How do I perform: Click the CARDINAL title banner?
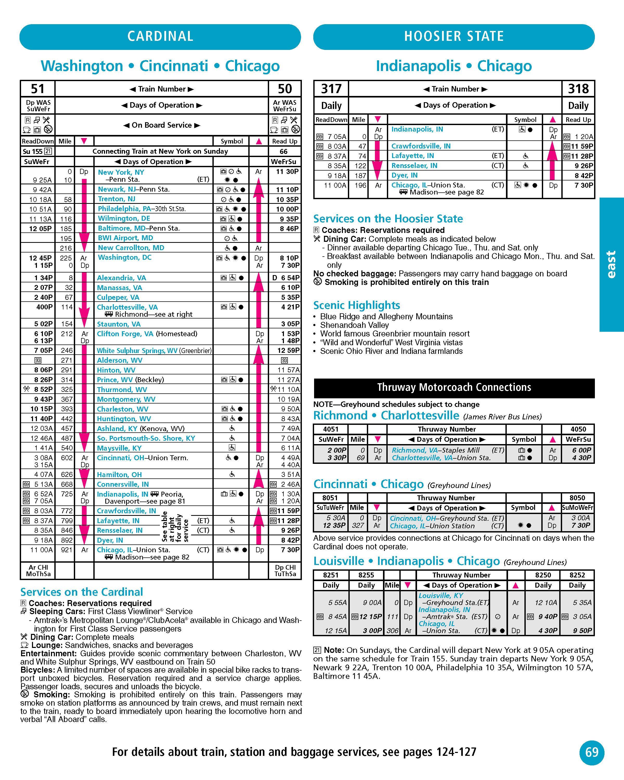pos(160,37)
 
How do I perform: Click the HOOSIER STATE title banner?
pos(454,37)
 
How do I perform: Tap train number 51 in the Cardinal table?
pos(38,89)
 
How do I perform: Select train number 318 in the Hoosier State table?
pos(578,89)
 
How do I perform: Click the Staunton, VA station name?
pos(119,324)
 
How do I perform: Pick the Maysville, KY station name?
pos(119,448)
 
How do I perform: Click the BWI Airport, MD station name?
pos(125,238)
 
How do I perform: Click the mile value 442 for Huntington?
pos(67,419)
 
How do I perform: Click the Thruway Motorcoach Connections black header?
pos(454,387)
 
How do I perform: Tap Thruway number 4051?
pos(331,429)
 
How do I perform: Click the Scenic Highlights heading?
pos(356,305)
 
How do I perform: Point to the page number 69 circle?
pos(591,752)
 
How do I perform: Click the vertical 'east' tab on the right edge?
pos(611,264)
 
